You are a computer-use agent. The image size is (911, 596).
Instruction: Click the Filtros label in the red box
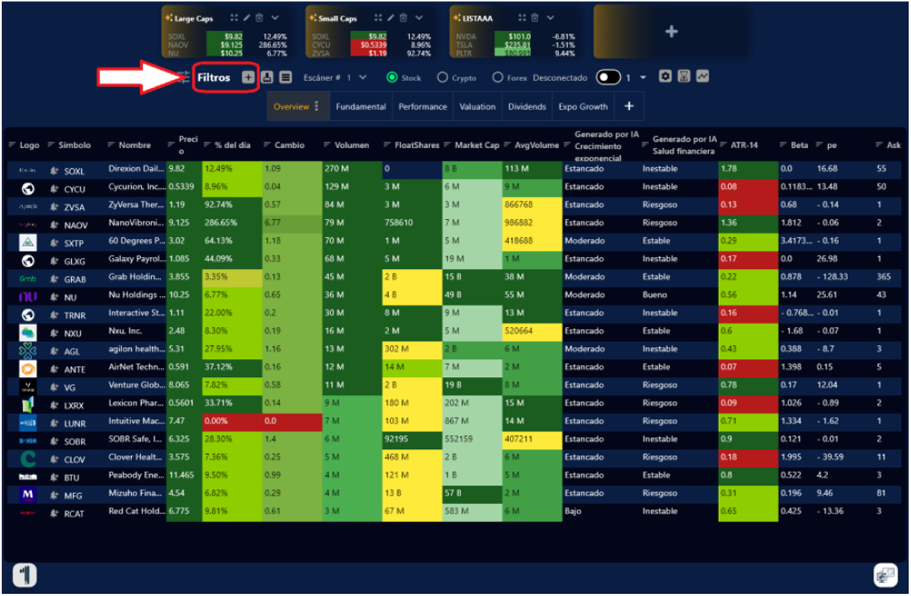pos(214,78)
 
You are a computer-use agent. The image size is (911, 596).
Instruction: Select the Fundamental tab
pos(361,107)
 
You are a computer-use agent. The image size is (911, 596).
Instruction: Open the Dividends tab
pos(527,107)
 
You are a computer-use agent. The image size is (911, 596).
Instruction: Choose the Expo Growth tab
pos(583,107)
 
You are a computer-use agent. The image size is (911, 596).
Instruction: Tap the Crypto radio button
pos(442,77)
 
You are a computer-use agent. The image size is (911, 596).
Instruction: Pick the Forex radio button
pos(498,77)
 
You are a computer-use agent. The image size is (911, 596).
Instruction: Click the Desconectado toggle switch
pos(608,77)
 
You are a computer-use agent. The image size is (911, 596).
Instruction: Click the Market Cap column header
pos(477,145)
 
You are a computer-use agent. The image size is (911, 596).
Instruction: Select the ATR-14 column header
pos(745,145)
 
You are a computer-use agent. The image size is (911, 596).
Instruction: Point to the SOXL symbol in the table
pos(74,171)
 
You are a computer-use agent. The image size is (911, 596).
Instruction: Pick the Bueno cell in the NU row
pos(655,295)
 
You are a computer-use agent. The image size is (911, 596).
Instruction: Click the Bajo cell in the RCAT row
pos(574,511)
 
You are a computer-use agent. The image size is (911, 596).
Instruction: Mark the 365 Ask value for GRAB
pos(883,277)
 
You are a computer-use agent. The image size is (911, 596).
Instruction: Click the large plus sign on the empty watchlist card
pos(672,32)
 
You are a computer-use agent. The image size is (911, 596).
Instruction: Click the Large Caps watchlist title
pos(193,19)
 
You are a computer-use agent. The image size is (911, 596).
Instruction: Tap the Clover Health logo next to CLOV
pos(28,458)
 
